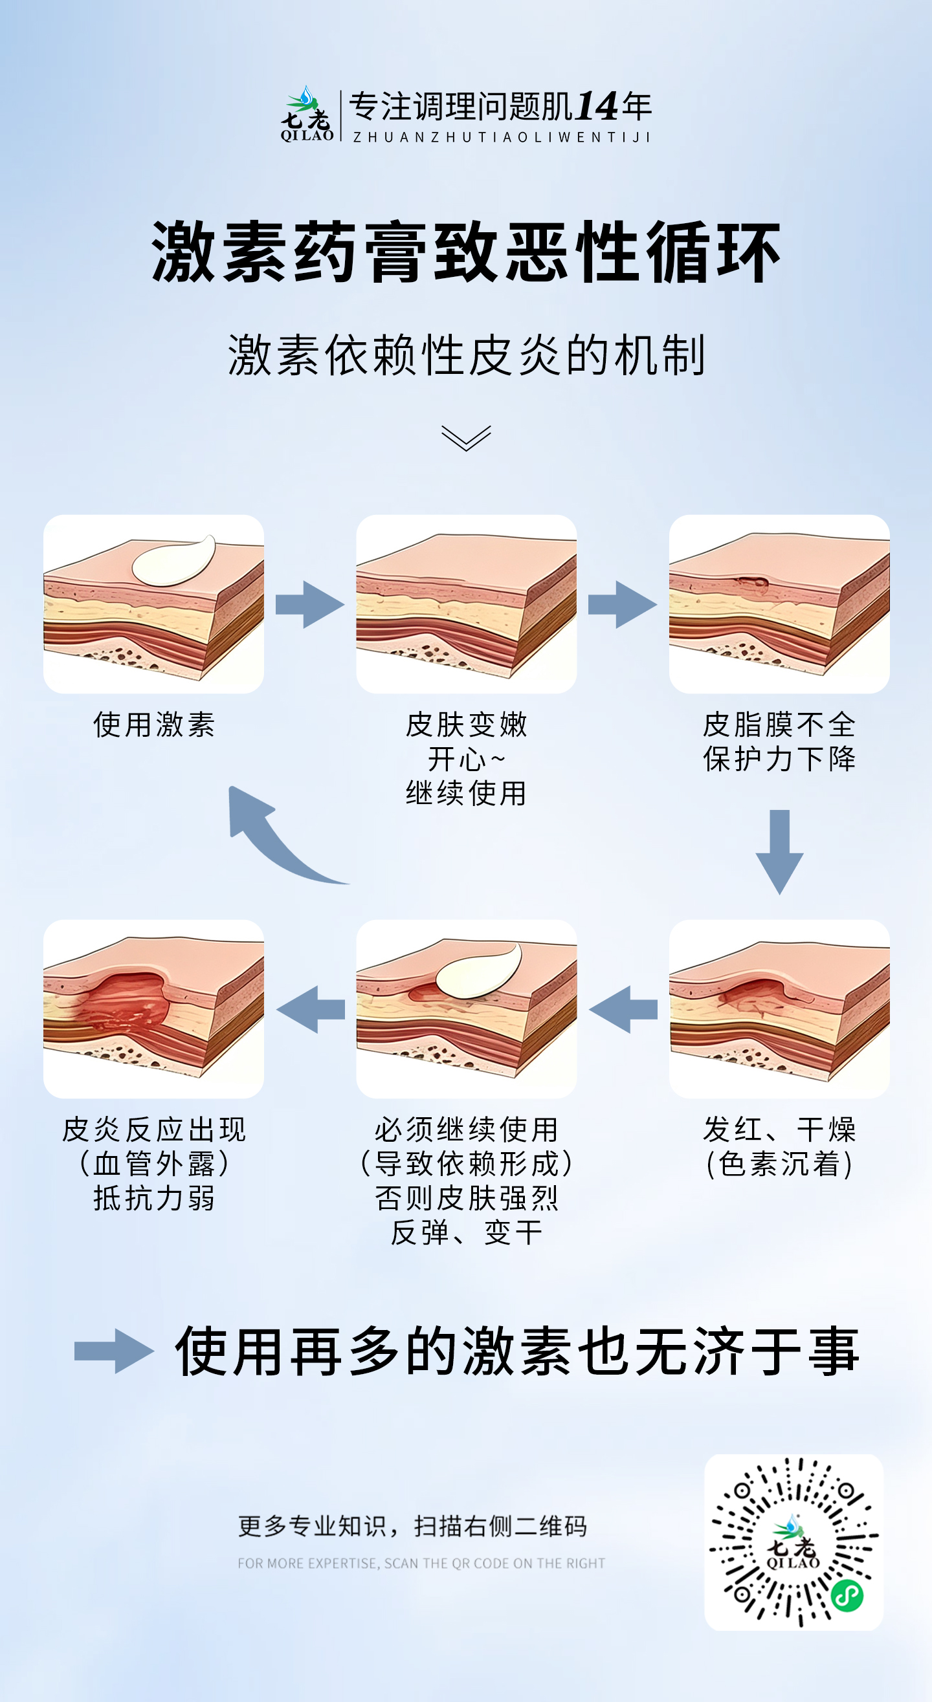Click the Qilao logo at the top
click(307, 114)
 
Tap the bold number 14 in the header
click(595, 106)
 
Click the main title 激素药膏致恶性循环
click(466, 252)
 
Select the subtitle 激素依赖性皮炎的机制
click(467, 355)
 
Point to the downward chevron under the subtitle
click(466, 438)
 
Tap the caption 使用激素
click(154, 725)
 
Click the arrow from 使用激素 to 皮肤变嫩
click(310, 604)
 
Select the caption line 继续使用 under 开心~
click(466, 794)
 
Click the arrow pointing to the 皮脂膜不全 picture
click(623, 604)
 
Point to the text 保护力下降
click(779, 759)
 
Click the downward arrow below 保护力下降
click(780, 852)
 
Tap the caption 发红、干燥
click(779, 1129)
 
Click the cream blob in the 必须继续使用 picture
click(479, 970)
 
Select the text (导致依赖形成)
click(466, 1164)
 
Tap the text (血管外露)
click(154, 1164)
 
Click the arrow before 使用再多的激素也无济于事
click(114, 1351)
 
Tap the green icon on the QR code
click(847, 1597)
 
